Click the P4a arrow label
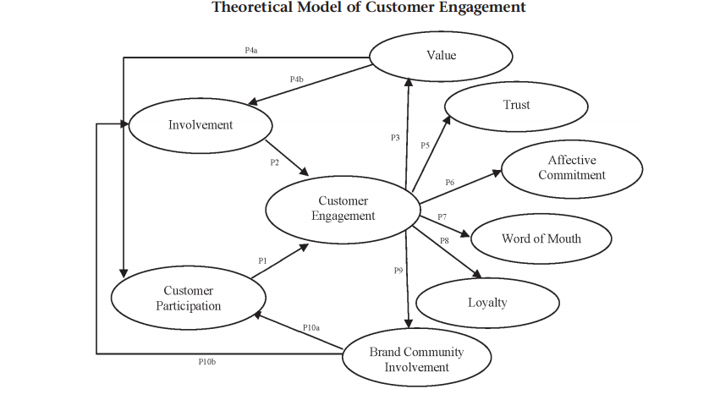250,51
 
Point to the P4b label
297,79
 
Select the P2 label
275,162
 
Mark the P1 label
262,261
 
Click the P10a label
311,327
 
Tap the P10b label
207,362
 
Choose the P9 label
398,271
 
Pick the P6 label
449,183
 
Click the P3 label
395,138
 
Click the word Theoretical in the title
251,8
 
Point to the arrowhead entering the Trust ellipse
447,120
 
